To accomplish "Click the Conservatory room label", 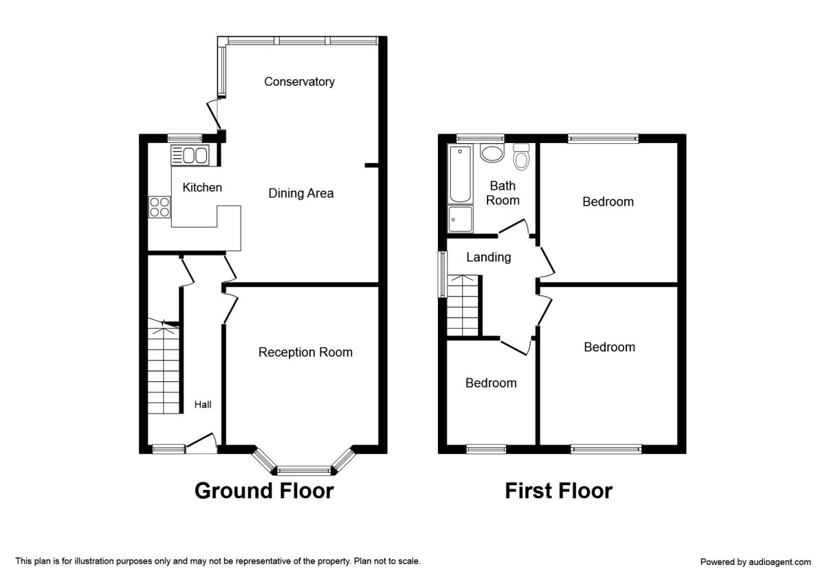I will tap(299, 82).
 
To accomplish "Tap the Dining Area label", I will tap(300, 193).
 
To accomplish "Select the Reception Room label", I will tap(305, 352).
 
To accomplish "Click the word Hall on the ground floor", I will tap(202, 405).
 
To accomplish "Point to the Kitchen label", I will tap(202, 187).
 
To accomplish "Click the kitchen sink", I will tap(189, 156).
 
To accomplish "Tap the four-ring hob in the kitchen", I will tap(159, 206).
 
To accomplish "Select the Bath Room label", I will tap(503, 193).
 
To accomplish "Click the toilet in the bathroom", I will tap(522, 157).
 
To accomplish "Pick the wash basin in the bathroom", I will tap(492, 152).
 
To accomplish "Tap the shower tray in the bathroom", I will tap(460, 219).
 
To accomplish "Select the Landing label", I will tap(489, 257).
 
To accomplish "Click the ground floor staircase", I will tap(164, 368).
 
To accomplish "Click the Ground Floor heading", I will tap(264, 491).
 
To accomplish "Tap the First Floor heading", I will tap(558, 491).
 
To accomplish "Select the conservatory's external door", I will tap(214, 114).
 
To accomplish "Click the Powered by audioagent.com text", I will tap(756, 562).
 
